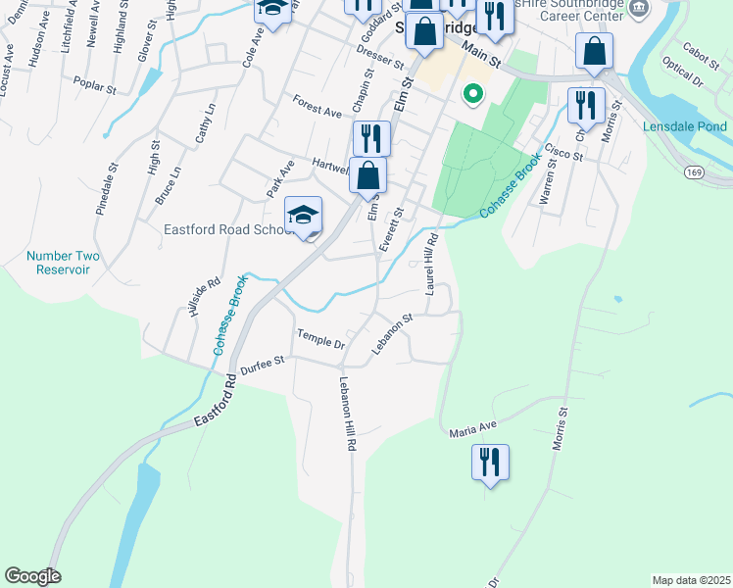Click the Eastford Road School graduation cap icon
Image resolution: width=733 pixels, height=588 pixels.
(x=304, y=216)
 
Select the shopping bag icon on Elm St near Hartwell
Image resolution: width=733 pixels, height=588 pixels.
(x=367, y=176)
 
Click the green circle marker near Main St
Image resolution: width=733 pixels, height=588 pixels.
(x=473, y=95)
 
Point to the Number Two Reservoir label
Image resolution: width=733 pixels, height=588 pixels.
(x=64, y=263)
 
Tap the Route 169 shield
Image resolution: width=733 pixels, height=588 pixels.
(x=695, y=172)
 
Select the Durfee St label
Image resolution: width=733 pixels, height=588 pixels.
(x=264, y=362)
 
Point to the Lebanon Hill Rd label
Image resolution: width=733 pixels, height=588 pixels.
(x=347, y=414)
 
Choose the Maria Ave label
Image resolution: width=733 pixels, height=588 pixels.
(x=474, y=428)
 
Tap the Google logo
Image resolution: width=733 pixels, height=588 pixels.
(x=32, y=576)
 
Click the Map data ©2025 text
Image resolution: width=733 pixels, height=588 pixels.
(x=690, y=580)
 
